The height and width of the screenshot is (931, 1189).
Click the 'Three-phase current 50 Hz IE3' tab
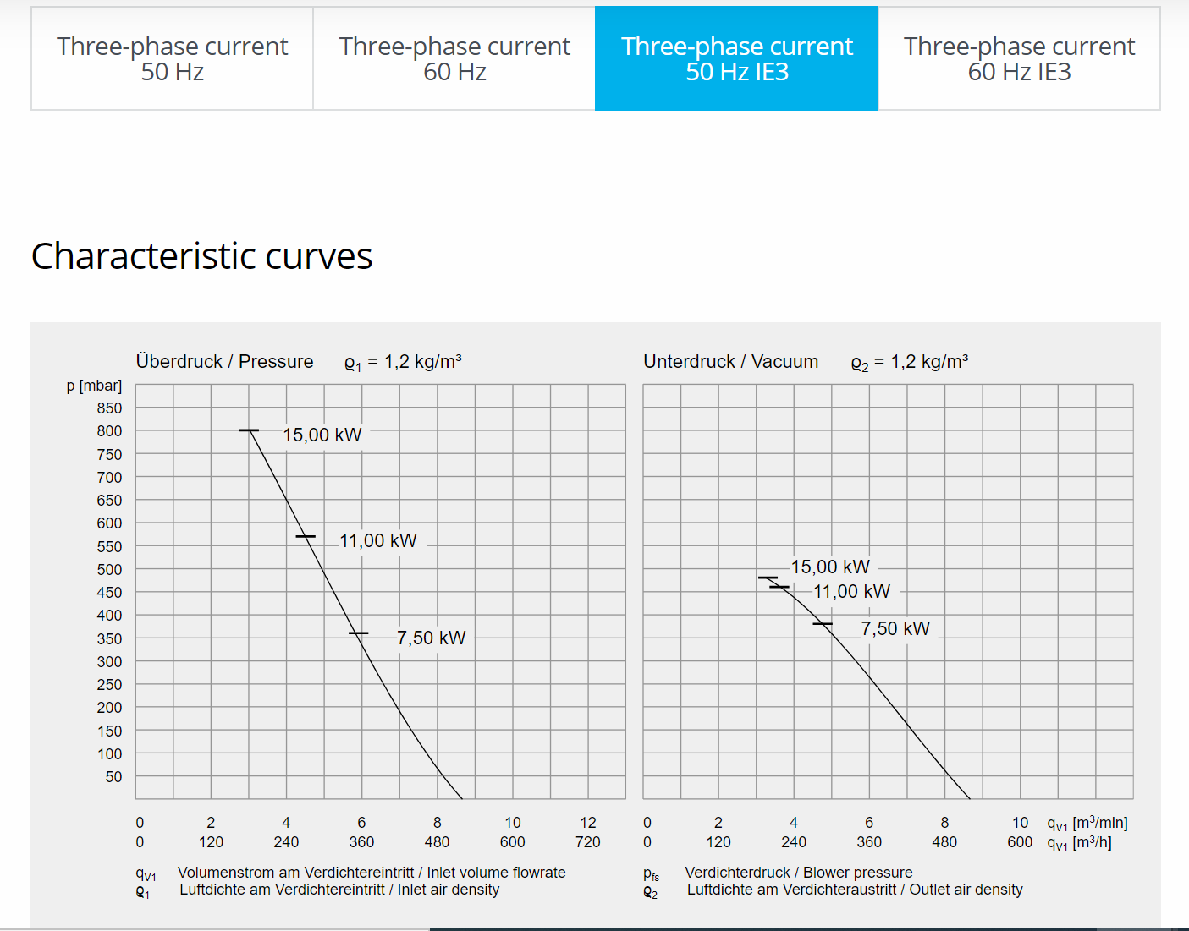coord(736,58)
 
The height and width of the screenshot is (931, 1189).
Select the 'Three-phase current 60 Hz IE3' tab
coord(1019,58)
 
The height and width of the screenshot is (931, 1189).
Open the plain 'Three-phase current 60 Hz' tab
coord(454,58)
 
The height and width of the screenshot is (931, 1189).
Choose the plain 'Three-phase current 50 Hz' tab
coord(172,58)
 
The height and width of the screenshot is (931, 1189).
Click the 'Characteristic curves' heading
coord(201,256)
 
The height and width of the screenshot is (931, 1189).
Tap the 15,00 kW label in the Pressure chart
coord(322,435)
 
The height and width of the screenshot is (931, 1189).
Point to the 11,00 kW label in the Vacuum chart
coord(851,592)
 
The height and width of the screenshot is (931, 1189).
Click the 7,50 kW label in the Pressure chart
coord(431,638)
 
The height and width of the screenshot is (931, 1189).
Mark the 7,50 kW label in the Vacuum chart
coord(895,628)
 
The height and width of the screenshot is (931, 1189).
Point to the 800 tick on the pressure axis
coord(109,431)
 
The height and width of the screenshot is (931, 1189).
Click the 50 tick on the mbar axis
coord(113,776)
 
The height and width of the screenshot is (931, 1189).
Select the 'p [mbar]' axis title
coord(94,386)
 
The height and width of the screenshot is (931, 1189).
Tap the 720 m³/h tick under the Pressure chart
coord(587,842)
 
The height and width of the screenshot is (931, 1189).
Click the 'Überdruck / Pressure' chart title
coord(224,362)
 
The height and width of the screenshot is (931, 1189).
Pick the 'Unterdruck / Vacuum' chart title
coord(730,362)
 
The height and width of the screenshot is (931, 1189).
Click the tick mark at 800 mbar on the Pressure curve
coord(249,430)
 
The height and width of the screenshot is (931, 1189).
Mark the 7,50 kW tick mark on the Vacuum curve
coord(823,624)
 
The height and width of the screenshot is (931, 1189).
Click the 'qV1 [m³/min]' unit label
coord(1087,823)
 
